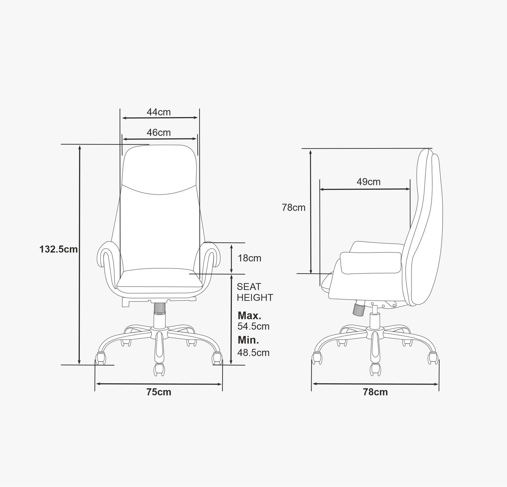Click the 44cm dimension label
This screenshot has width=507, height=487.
point(159,112)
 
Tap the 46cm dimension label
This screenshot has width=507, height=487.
point(159,133)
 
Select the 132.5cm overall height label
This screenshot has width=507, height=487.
point(59,249)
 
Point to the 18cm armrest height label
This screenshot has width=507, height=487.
point(249,258)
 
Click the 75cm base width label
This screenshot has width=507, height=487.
point(159,392)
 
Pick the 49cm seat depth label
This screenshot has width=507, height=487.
point(368,182)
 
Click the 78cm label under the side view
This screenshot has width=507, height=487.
point(375,392)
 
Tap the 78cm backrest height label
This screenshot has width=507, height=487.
point(294,208)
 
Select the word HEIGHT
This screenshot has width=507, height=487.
point(255,298)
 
